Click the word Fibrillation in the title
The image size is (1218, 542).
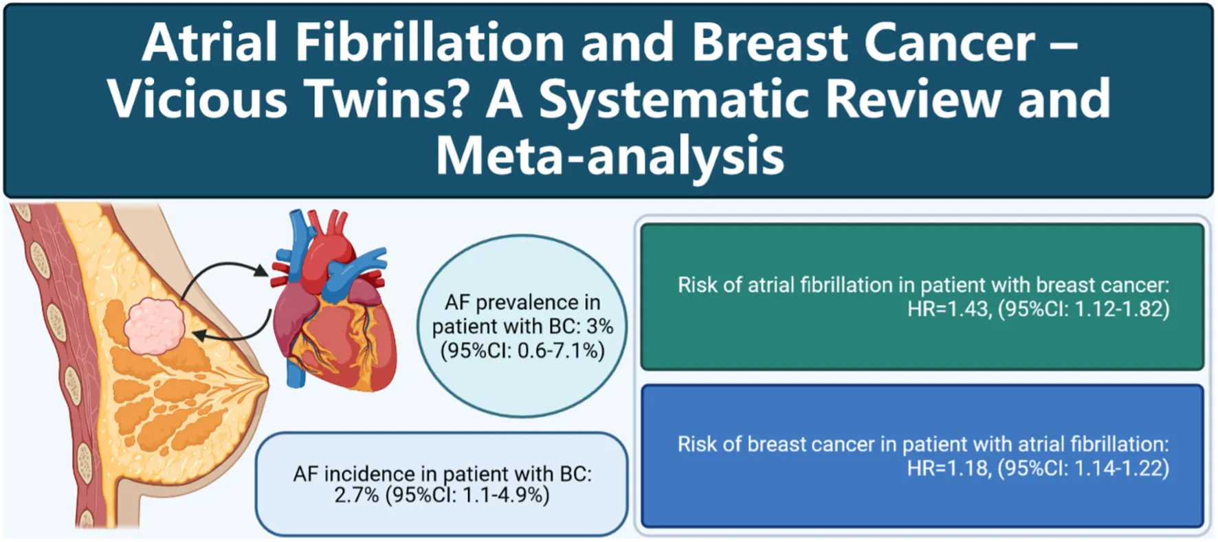[430, 43]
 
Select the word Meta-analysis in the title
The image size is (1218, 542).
[610, 156]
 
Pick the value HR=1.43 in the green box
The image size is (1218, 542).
[948, 309]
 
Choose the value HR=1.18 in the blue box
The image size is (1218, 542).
[948, 468]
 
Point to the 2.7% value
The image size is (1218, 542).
[356, 495]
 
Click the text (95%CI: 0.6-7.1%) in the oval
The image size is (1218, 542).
[522, 350]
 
